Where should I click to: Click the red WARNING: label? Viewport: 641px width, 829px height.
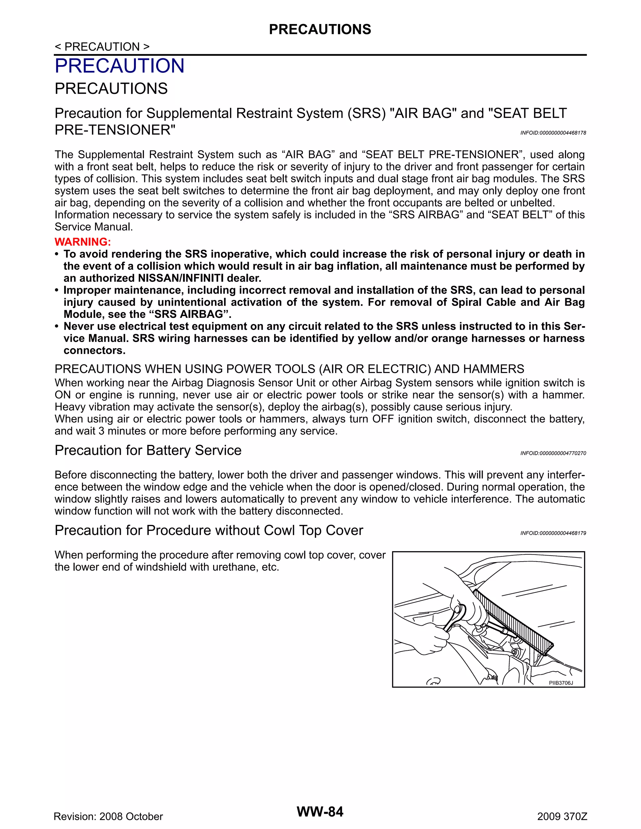(82, 242)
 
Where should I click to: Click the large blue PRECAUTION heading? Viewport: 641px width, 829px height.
(119, 66)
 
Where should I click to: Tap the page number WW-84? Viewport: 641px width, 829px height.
(320, 811)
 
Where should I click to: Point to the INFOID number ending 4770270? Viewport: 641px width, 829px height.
(553, 453)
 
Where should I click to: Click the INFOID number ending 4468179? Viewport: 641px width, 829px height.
(553, 533)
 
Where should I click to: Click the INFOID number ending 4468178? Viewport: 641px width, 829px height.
(553, 133)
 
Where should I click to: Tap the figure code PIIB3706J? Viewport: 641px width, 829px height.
(561, 683)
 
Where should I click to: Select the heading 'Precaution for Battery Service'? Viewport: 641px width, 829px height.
(148, 450)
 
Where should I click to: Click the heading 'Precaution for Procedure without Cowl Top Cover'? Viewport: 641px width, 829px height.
(208, 530)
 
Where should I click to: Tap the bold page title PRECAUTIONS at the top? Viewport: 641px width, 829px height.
(320, 29)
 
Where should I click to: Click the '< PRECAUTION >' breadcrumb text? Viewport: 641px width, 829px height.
(102, 47)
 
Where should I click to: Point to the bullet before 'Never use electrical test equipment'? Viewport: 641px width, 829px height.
(57, 326)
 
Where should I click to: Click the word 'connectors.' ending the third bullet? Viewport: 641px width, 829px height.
(94, 350)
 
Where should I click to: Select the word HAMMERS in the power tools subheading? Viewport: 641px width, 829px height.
(494, 369)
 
